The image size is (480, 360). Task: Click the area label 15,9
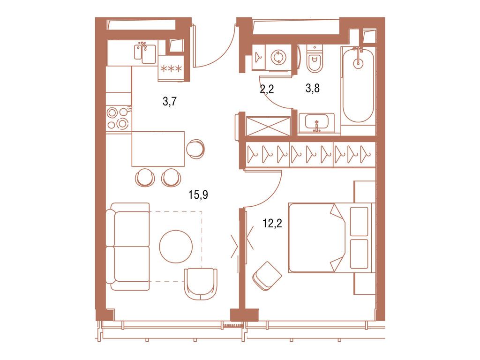[x=198, y=195]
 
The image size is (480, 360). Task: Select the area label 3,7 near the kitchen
[x=170, y=101]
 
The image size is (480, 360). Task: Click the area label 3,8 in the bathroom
[x=313, y=89]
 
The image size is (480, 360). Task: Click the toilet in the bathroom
[x=314, y=60]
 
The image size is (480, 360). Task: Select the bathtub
[x=358, y=84]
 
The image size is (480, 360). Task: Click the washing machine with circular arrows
[x=278, y=57]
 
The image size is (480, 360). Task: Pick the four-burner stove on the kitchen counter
[x=118, y=118]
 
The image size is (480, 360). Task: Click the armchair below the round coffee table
[x=201, y=283]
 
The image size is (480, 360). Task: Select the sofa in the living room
[x=127, y=247]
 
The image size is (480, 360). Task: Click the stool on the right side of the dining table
[x=195, y=149]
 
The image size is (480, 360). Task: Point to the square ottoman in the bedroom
[x=267, y=276]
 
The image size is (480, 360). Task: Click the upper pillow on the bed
[x=359, y=221]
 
